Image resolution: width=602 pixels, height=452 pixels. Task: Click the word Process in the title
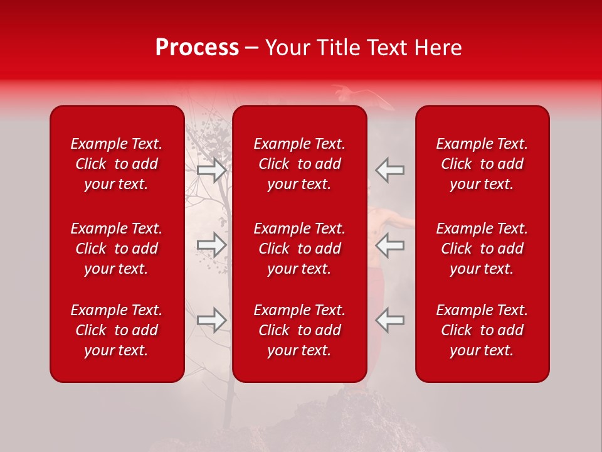tap(197, 48)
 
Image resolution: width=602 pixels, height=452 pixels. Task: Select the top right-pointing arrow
tap(211, 170)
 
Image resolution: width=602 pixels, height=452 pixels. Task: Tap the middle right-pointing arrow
tap(211, 245)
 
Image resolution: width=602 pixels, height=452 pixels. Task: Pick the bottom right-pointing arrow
tap(211, 320)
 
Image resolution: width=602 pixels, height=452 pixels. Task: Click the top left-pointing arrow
tap(389, 170)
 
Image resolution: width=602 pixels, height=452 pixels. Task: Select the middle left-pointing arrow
tap(389, 245)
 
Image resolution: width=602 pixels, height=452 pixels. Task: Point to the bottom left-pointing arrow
tap(389, 320)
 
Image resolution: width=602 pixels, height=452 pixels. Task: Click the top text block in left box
tap(117, 164)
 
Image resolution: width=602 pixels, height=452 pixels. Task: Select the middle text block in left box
tap(117, 249)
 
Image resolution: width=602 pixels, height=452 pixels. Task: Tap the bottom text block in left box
tap(117, 330)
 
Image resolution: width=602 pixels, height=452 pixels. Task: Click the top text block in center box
tap(299, 164)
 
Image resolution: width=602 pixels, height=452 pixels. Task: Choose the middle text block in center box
tap(299, 249)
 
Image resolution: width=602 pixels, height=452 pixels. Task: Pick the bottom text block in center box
tap(299, 330)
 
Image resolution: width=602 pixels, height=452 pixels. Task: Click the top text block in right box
tap(482, 164)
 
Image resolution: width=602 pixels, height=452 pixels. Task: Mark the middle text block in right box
tap(482, 249)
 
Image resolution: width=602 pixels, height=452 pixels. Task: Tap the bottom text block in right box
tap(482, 330)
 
